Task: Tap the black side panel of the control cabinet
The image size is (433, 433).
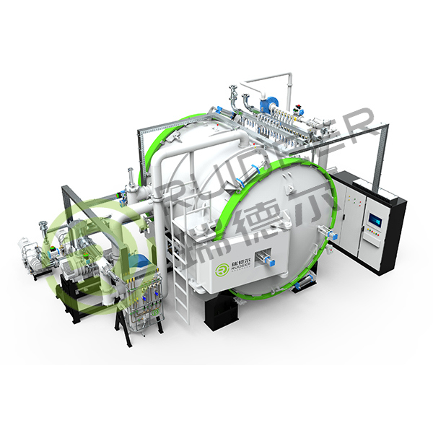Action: [396, 231]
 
